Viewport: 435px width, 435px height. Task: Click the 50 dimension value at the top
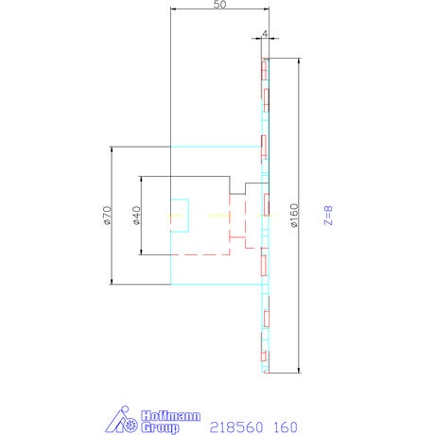click(x=219, y=5)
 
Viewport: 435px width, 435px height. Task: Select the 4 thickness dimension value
click(x=265, y=33)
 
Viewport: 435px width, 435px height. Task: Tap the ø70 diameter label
click(x=107, y=216)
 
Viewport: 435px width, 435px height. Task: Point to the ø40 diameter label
click(x=136, y=216)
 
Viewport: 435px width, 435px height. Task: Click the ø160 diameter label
click(x=293, y=216)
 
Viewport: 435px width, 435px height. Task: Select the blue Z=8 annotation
click(x=328, y=216)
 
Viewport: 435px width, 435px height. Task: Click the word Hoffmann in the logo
click(x=170, y=416)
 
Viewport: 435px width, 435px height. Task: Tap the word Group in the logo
click(x=160, y=427)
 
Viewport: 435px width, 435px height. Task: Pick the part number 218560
click(x=236, y=427)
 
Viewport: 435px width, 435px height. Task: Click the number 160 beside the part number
click(x=286, y=427)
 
